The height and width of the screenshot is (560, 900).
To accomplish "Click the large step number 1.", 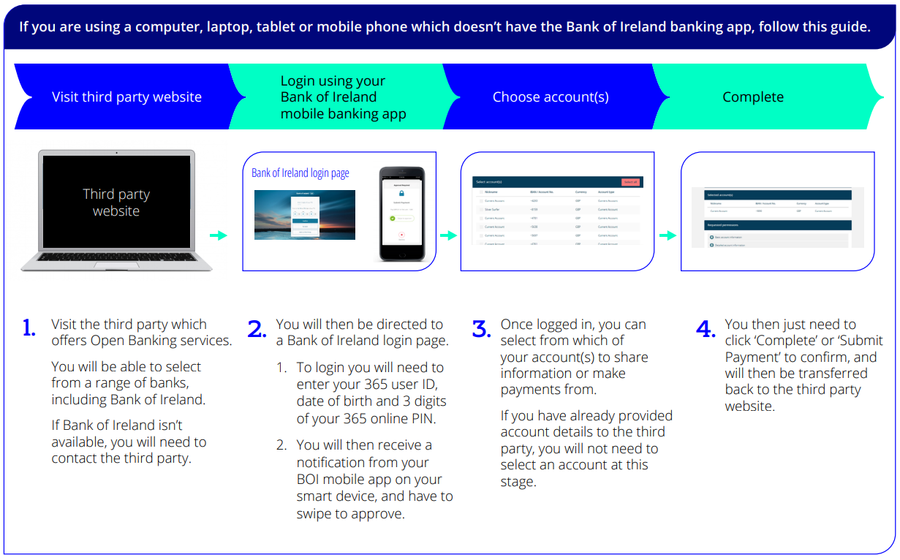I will coord(29,329).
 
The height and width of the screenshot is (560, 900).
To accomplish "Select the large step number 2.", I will coord(257,330).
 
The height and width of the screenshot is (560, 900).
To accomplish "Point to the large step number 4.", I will coord(706,330).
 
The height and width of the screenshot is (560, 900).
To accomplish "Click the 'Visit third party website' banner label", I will coord(126,97).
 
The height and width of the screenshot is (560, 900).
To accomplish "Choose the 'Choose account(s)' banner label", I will coord(551,97).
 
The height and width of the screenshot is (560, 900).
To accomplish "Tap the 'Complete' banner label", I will coord(753,97).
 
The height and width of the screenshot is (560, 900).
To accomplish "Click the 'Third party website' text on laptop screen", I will coord(116,203).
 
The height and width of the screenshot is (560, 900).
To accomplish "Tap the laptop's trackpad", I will coord(116,264).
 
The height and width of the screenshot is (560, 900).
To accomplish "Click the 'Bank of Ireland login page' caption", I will coord(300,173).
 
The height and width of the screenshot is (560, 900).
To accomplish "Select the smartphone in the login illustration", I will coord(401,214).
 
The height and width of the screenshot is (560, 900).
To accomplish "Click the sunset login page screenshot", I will coord(304,215).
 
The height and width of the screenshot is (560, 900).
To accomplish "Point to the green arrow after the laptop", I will coord(218,235).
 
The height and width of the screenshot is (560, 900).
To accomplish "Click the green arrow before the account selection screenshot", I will coord(448,235).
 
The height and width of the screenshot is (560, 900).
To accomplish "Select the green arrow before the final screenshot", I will coord(668,235).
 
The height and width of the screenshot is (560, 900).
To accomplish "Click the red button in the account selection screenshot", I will coord(630,181).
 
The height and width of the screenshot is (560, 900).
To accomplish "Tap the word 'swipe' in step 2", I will coord(315,514).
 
